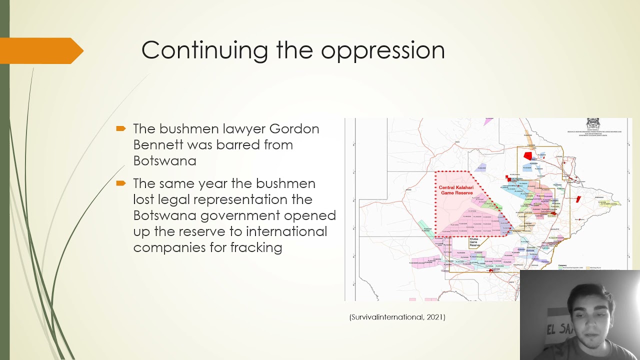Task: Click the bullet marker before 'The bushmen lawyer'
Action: [x=120, y=129]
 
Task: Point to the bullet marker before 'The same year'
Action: [x=120, y=183]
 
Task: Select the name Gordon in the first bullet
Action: [x=294, y=129]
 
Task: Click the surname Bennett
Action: [x=158, y=145]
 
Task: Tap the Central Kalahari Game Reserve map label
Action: [x=456, y=190]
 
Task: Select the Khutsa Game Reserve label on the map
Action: [x=473, y=242]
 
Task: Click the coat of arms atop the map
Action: [x=592, y=124]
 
